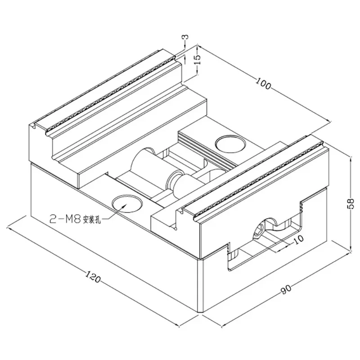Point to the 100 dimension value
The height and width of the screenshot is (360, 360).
coord(264,85)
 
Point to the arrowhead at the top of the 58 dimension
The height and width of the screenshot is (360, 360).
coord(352,156)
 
